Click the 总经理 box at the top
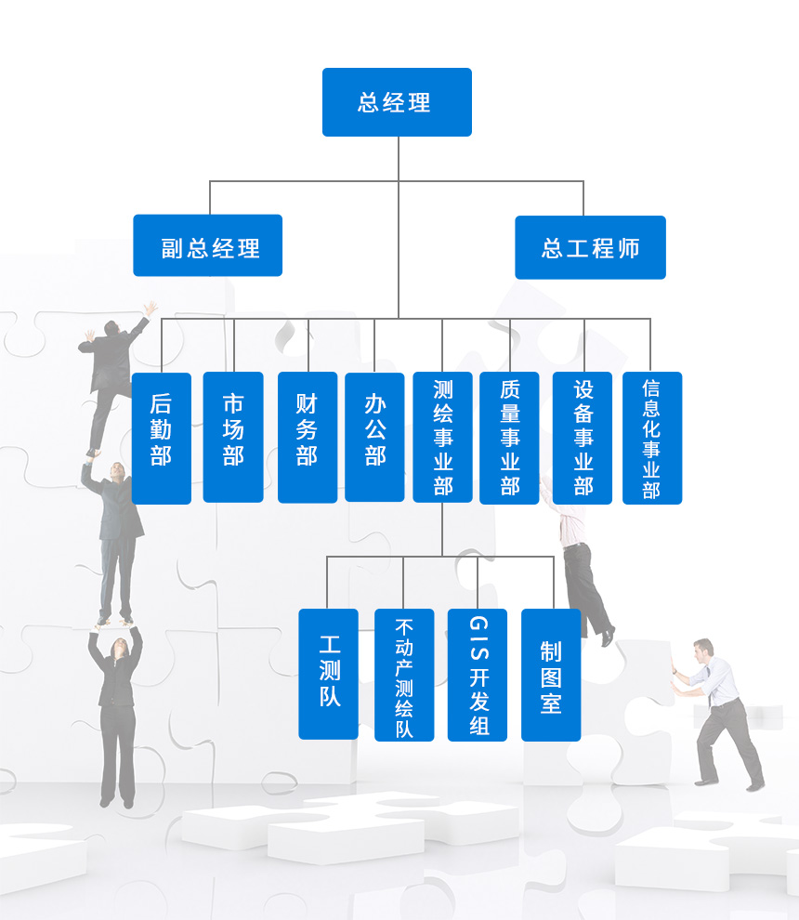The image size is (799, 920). coord(397,102)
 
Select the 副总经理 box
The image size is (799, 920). coord(207,246)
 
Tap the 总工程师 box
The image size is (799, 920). coord(590,247)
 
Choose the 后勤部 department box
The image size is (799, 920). coord(161,438)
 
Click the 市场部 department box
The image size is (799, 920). coord(233,437)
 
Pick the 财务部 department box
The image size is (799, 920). coord(308,437)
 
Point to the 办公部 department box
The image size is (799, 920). coord(374,437)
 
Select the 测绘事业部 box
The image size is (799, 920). coord(442,437)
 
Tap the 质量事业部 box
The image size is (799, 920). coord(509,437)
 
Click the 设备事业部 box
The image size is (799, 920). coord(583,437)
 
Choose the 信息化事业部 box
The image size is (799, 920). coord(651,438)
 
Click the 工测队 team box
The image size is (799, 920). coord(328,674)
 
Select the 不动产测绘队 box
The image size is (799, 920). coord(404,675)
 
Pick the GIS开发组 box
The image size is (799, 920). coord(478,675)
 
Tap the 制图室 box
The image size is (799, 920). coord(551,675)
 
